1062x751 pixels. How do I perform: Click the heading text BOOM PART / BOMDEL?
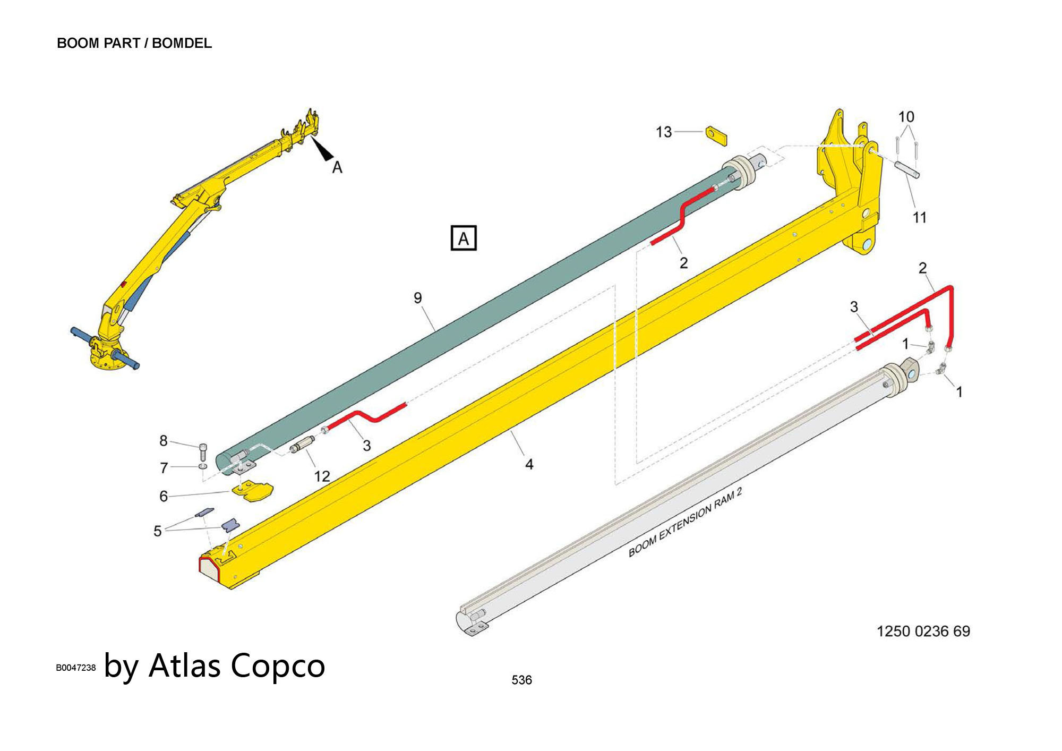pos(134,43)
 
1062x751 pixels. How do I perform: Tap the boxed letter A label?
pos(463,238)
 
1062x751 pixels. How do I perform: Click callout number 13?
pos(664,132)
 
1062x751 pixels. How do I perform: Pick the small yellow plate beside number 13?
pos(716,135)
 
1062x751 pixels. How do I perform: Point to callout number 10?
pos(906,116)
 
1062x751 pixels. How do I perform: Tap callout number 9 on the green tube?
pos(418,298)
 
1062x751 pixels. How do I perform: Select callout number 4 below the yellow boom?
pos(529,464)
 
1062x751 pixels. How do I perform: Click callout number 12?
pos(322,476)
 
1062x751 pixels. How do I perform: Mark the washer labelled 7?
pos(202,466)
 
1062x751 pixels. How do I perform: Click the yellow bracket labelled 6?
pos(253,491)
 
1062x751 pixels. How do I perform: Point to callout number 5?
pos(157,531)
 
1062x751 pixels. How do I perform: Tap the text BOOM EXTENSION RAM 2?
pos(684,523)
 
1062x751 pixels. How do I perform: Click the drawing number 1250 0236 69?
pos(923,631)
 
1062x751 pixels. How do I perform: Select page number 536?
pos(521,680)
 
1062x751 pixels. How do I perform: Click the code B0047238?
pos(76,668)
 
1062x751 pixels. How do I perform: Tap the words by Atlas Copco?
pos(215,665)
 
